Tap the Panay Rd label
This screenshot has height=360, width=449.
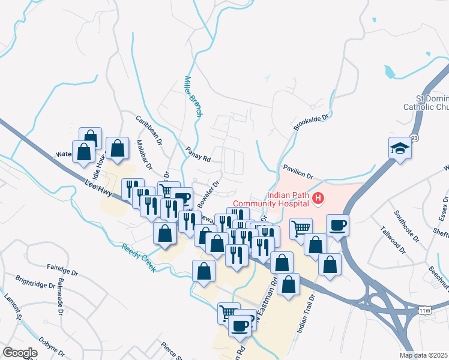197,155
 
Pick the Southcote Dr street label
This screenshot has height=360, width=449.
406,222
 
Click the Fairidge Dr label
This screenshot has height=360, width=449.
62,268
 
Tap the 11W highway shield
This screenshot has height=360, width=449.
425,310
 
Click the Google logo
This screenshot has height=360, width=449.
20,352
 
